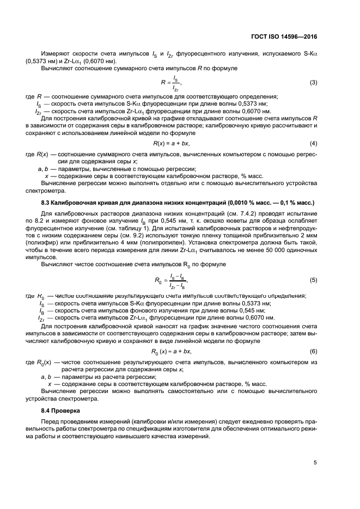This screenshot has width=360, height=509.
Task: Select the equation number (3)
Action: click(x=313, y=83)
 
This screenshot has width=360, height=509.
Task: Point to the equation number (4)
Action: click(x=313, y=143)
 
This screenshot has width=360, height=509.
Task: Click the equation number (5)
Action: click(x=313, y=280)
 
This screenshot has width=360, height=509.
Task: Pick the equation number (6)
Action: click(x=313, y=352)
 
